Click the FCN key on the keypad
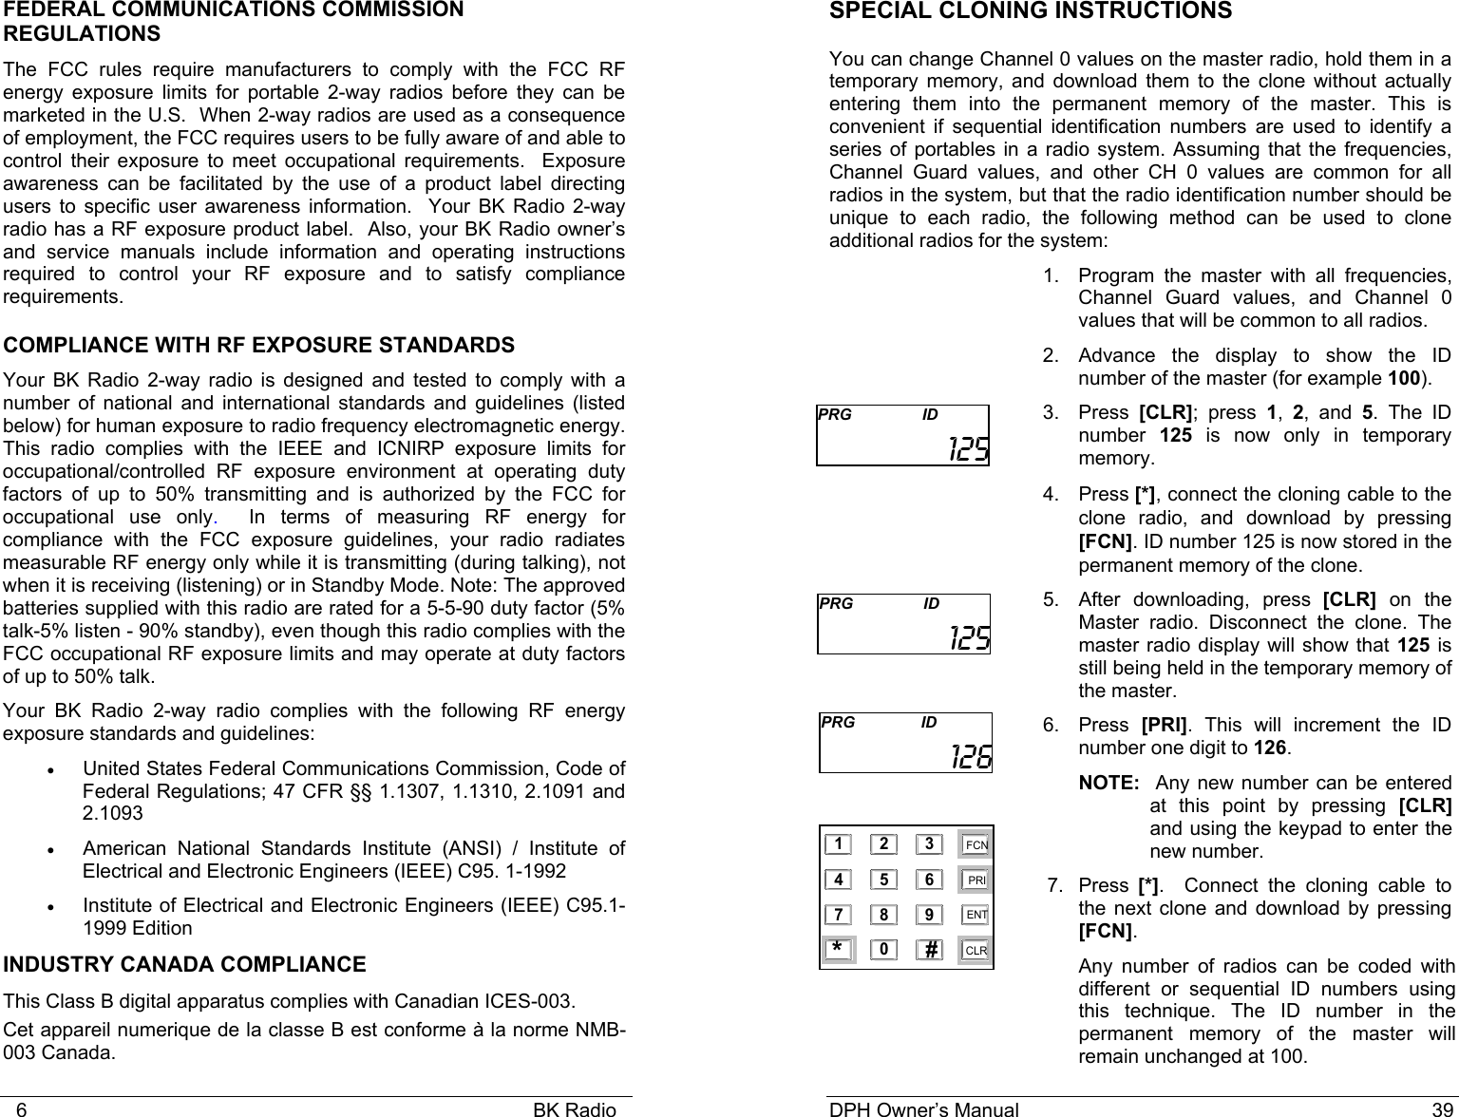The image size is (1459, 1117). coord(975,844)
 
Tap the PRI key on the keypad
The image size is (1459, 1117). coord(975,880)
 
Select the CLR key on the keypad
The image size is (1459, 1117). coord(975,950)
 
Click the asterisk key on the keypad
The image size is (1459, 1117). coord(837,950)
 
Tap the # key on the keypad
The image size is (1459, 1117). coord(931,950)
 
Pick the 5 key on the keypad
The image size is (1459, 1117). coord(883,880)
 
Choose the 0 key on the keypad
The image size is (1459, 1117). coord(883,950)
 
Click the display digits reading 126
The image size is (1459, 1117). coord(971,757)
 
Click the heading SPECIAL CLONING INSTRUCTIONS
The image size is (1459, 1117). coord(1031,11)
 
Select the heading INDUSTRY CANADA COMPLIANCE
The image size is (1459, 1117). coord(185,965)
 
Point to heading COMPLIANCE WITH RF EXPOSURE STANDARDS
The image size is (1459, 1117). coord(259,344)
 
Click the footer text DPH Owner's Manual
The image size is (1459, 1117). coord(923,1108)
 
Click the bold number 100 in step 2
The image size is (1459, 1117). coord(1404,379)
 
